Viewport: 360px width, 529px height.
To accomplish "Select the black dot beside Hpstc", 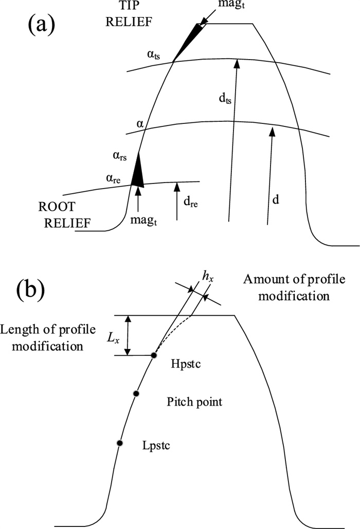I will coord(153,355).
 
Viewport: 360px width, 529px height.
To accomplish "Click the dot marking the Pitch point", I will coord(136,393).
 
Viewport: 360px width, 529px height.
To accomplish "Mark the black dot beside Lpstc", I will coord(119,443).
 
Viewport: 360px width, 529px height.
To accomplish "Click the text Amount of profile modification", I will coord(286,288).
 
